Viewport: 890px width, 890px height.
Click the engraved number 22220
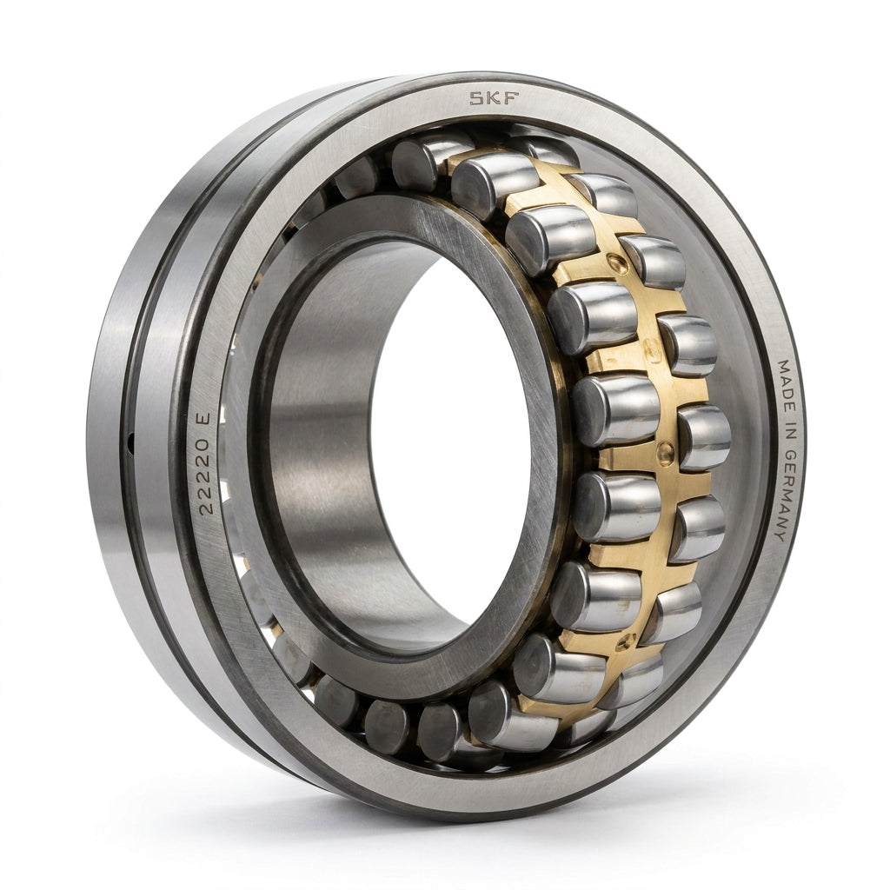coord(205,472)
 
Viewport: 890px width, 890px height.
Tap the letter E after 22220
coord(203,418)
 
